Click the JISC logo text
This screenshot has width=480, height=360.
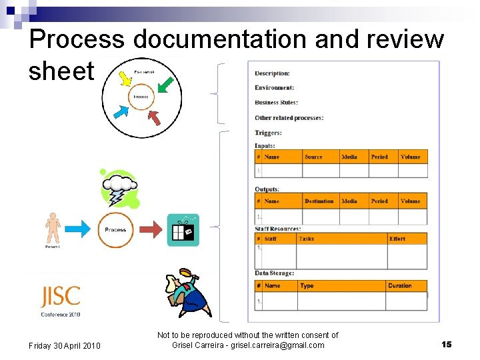coord(60,296)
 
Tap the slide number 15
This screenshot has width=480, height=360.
coord(447,344)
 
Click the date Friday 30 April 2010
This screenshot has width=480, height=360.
coord(65,345)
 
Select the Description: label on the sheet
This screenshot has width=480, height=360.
coord(272,73)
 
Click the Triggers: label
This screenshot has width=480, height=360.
coord(268,133)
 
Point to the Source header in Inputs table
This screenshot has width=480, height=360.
coord(313,157)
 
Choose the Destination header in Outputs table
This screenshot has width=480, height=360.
coord(319,201)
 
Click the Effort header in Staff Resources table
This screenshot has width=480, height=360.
coord(397,239)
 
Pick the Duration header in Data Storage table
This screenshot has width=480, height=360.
coord(400,286)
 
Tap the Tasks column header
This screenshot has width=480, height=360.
coord(307,239)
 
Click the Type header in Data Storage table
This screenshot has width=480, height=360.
coord(307,286)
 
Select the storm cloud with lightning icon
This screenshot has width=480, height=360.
coord(120,188)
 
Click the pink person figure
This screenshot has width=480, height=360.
coord(52,229)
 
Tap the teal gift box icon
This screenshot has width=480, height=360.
coord(183,230)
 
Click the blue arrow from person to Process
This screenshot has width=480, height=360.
coord(79,230)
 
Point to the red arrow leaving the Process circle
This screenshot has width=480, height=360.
coord(151,230)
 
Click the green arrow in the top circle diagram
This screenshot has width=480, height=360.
coord(165,86)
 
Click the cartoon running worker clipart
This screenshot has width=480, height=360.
coord(187,293)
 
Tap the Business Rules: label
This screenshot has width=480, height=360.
coord(276,103)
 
